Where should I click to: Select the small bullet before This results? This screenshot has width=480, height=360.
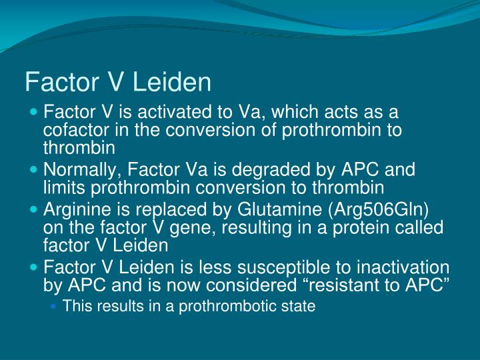point(55,307)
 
